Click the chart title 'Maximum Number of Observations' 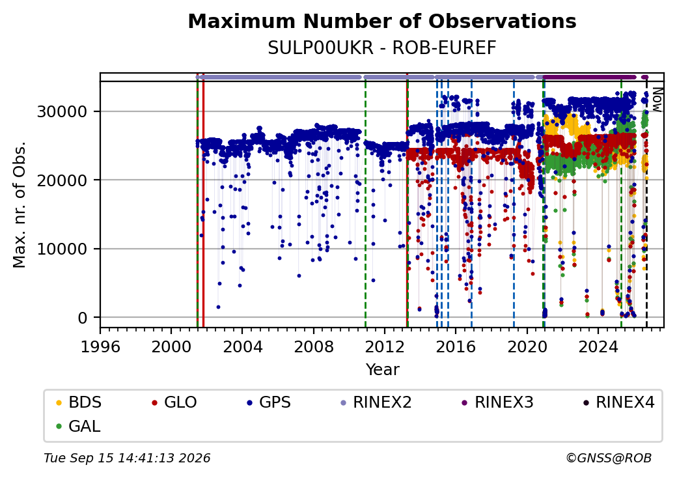click(x=382, y=21)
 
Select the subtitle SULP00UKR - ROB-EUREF click(x=382, y=48)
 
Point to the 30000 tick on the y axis click(x=62, y=111)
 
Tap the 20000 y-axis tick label click(x=62, y=180)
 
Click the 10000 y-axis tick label click(x=62, y=249)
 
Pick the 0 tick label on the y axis click(x=83, y=318)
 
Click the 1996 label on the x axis click(x=100, y=346)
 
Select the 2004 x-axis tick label click(x=242, y=346)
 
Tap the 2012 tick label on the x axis click(x=385, y=346)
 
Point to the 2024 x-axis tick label click(x=598, y=346)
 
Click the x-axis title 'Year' click(x=383, y=370)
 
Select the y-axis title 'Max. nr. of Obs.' click(x=20, y=204)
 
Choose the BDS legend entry click(x=79, y=402)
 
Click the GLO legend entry click(x=174, y=402)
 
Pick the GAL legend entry click(x=79, y=426)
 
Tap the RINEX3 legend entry click(x=497, y=402)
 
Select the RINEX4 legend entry click(x=618, y=402)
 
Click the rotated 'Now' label click(x=657, y=100)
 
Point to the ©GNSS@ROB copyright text click(x=609, y=458)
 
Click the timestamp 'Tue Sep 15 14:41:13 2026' click(x=128, y=458)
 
